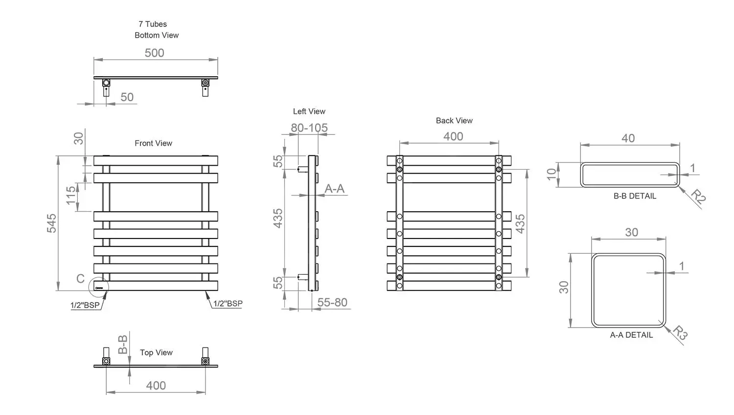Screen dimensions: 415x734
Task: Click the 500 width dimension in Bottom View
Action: click(154, 53)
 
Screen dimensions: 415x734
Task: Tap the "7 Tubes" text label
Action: click(153, 24)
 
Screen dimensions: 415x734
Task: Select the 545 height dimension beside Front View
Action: click(51, 223)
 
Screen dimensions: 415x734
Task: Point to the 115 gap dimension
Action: click(71, 195)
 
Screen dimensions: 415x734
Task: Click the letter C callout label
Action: click(81, 279)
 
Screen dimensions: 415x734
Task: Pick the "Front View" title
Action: click(153, 143)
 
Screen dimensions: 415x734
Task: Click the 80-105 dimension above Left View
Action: click(309, 128)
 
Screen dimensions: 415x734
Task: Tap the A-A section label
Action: click(335, 189)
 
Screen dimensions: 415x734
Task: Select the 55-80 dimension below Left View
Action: click(332, 303)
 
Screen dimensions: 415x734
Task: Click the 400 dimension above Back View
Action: click(453, 136)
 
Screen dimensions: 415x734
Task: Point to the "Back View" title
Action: click(454, 121)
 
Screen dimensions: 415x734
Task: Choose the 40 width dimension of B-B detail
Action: click(628, 138)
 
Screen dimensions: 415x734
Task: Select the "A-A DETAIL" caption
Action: click(631, 335)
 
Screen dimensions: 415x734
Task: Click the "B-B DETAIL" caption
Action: click(635, 196)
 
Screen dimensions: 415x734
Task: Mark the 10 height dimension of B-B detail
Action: click(552, 174)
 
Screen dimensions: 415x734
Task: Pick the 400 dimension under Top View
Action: click(156, 386)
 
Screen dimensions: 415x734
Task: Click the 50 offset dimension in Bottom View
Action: click(127, 97)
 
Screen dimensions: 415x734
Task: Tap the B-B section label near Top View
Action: click(123, 344)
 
